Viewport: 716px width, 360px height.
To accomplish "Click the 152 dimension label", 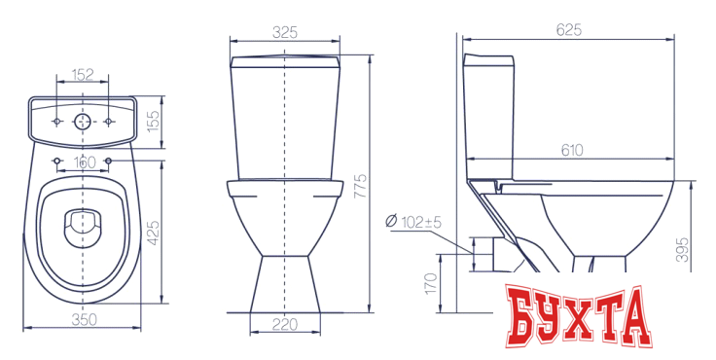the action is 83,74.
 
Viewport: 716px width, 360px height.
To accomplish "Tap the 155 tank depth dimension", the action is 154,121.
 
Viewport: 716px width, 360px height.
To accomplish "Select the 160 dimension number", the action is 85,162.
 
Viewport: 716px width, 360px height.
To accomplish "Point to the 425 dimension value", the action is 154,233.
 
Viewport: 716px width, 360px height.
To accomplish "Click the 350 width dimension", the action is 85,320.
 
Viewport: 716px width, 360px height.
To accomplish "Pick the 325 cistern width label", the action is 285,32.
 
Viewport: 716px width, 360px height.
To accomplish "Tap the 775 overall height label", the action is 361,186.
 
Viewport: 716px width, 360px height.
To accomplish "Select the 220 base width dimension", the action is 285,324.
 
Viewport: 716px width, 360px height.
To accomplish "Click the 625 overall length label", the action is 569,30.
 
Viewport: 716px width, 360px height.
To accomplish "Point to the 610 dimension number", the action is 572,150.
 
